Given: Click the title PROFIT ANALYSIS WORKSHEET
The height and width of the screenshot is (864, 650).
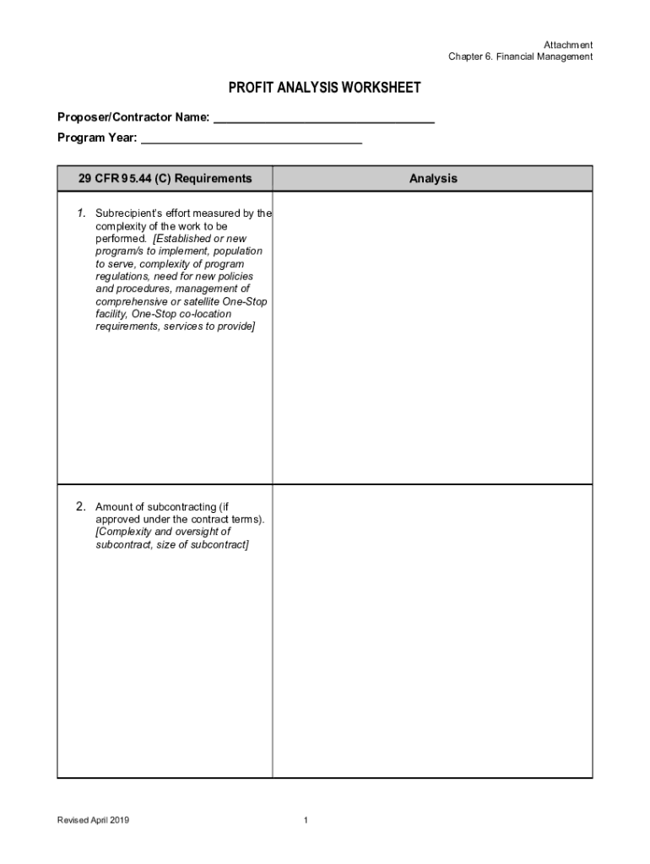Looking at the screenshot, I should coord(324,89).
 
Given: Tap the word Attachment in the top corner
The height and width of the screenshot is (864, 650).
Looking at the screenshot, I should coord(568,45).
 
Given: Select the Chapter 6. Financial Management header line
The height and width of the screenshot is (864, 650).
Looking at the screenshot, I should coord(520,57).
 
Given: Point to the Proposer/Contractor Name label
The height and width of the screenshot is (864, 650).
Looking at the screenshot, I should coord(133,116).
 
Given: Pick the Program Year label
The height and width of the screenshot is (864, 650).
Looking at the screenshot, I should coord(95,138).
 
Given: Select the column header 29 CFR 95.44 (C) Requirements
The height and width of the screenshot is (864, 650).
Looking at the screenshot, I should coord(165,178).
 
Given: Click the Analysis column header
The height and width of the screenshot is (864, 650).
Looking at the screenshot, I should coord(432,178).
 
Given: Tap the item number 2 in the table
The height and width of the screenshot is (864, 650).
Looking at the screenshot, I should coord(80,507).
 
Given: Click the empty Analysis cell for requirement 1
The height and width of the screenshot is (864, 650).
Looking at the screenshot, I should coord(432,337).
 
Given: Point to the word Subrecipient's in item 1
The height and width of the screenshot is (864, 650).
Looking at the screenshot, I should coord(127,213).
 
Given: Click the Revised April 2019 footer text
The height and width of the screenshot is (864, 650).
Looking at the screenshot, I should coord(93,820).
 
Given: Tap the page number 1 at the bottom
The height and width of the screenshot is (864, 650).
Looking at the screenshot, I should coord(306,820).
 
